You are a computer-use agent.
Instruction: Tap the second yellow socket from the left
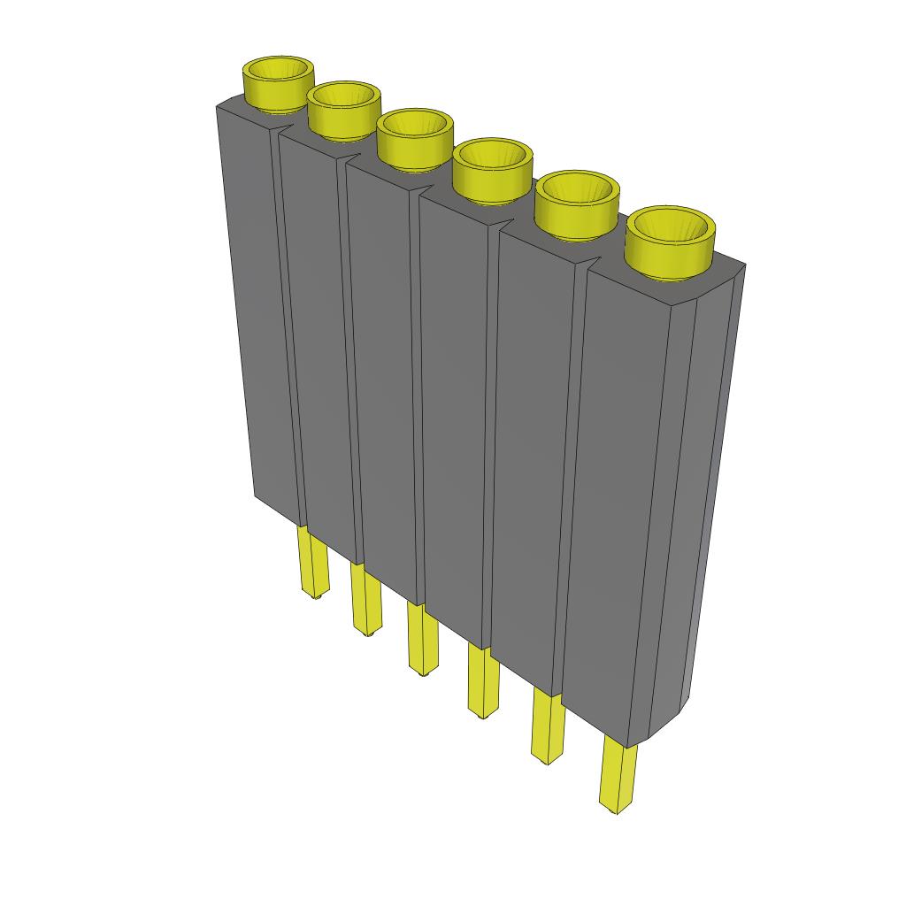pyautogui.click(x=343, y=110)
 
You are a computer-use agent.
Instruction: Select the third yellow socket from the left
pyautogui.click(x=414, y=139)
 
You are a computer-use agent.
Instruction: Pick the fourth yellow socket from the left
pyautogui.click(x=492, y=169)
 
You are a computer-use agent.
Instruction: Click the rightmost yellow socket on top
pyautogui.click(x=670, y=242)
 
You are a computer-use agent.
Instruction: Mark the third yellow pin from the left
pyautogui.click(x=422, y=639)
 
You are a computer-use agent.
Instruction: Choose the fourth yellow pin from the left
pyautogui.click(x=482, y=681)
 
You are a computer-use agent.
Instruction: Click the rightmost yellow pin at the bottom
pyautogui.click(x=618, y=776)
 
